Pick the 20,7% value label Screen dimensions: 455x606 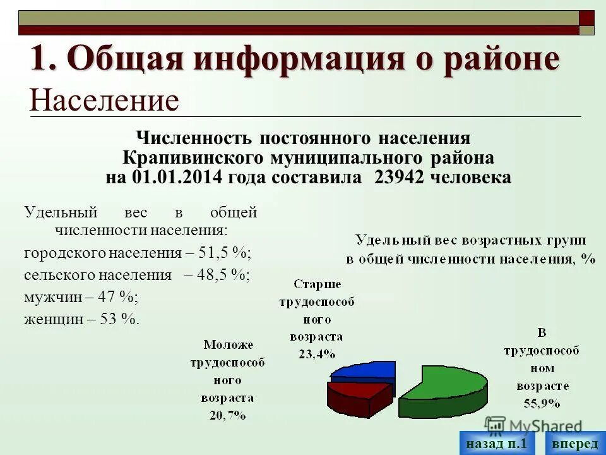[x=227, y=415]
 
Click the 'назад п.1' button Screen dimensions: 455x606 [x=497, y=444]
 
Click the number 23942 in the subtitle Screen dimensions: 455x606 [x=399, y=177]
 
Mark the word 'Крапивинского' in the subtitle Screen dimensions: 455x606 [x=192, y=157]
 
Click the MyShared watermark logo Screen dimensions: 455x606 [x=533, y=425]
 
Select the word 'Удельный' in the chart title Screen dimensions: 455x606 [x=386, y=240]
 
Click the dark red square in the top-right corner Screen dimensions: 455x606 [x=586, y=18]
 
